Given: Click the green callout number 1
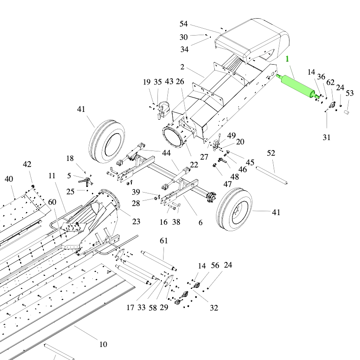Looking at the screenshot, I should click(x=287, y=59).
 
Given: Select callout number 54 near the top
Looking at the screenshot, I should click(x=184, y=23).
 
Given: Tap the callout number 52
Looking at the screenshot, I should click(x=271, y=153).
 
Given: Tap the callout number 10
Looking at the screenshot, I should click(x=103, y=344).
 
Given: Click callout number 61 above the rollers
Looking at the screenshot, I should click(x=164, y=241).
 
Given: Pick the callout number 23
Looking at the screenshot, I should click(x=136, y=221).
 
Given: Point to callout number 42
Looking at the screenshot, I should click(x=27, y=164).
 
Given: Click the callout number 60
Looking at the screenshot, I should click(x=52, y=202).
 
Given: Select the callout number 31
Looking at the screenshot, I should click(x=327, y=137).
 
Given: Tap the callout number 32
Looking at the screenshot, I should click(x=214, y=308).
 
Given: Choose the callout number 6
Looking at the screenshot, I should click(x=200, y=223).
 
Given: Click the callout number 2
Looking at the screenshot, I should click(x=183, y=67).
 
